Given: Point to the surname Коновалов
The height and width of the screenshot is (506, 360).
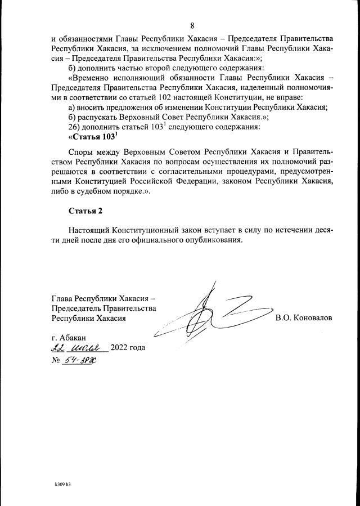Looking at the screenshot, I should tap(304, 318).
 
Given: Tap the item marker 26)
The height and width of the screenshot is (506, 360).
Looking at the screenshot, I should tap(75, 127).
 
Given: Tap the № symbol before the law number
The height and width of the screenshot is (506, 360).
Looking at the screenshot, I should tap(56, 361).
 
